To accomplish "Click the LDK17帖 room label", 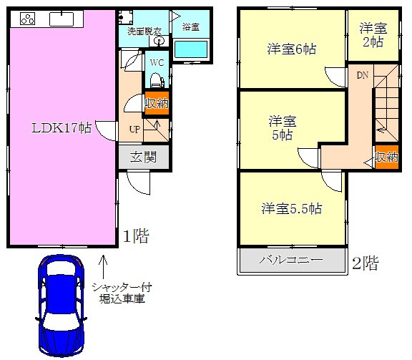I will (60, 129).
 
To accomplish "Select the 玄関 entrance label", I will (143, 157).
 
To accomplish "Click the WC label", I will (157, 62).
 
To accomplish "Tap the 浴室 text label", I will (190, 27).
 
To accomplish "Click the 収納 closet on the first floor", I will (156, 103).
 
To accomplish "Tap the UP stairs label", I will (134, 130).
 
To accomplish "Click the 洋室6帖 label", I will (292, 49).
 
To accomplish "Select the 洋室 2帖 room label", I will (372, 34).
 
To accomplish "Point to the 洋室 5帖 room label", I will (280, 127).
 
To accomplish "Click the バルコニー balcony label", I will (290, 260).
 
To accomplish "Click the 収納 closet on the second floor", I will (386, 157).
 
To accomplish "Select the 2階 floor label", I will (365, 263).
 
